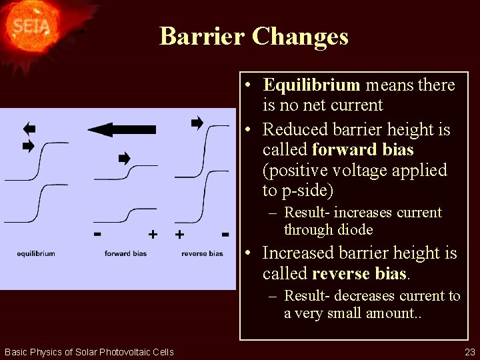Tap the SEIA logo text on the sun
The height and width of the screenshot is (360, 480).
[31, 27]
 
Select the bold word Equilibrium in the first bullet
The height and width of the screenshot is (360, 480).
[311, 85]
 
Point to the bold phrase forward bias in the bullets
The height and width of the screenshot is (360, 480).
[363, 149]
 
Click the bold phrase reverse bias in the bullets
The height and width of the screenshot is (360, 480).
[359, 273]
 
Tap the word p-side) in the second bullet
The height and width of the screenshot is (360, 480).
[306, 191]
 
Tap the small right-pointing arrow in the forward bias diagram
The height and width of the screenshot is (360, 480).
[124, 158]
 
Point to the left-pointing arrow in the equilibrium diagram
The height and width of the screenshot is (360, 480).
[28, 129]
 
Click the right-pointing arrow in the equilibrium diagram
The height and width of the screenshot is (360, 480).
[28, 146]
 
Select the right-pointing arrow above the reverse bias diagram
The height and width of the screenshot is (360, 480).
[197, 123]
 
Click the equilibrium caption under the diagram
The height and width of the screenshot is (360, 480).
[36, 253]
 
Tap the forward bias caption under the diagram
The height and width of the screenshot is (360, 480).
[125, 253]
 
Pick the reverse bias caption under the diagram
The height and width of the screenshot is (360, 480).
[202, 253]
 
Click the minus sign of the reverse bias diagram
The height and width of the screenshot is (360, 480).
[225, 234]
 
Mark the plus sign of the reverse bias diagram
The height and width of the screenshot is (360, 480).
[179, 234]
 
